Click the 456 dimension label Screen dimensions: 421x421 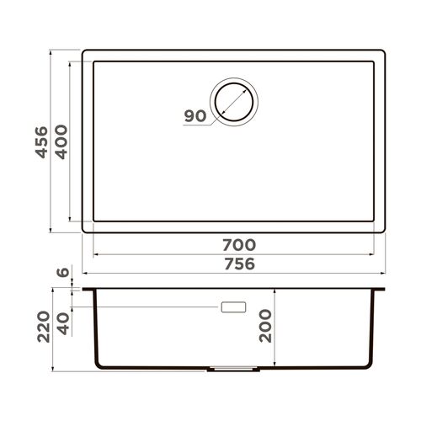(41, 142)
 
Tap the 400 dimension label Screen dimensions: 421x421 (61, 142)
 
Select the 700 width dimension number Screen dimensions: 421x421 (239, 245)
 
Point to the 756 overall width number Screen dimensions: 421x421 (239, 264)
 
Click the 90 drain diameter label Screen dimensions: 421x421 (195, 116)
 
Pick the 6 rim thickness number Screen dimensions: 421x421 (63, 272)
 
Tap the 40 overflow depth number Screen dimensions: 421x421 (63, 323)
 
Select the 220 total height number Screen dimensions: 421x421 (44, 327)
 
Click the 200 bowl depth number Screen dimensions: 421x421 (265, 326)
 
